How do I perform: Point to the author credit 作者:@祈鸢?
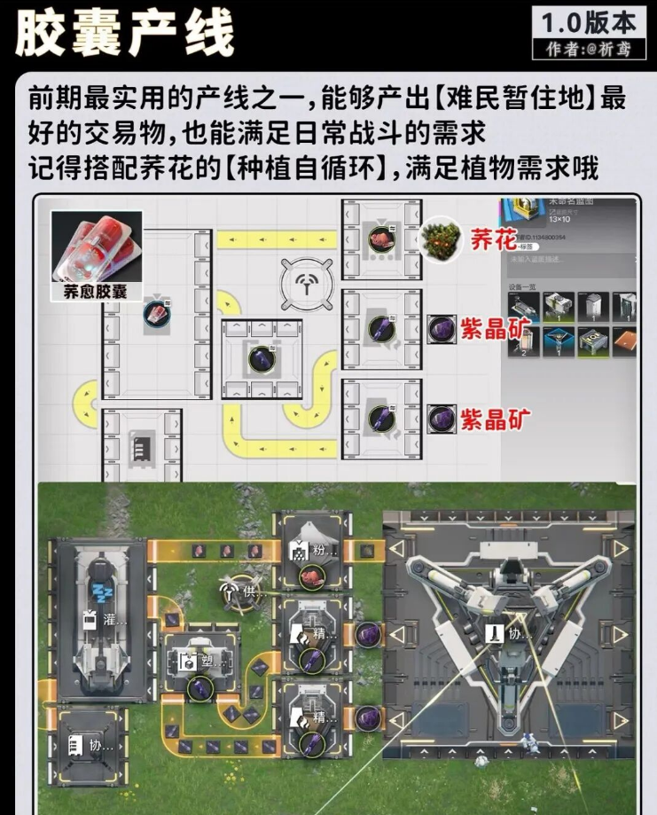pyautogui.click(x=590, y=48)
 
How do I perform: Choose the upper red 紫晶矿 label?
pyautogui.click(x=495, y=329)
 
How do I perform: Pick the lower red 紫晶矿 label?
pyautogui.click(x=495, y=418)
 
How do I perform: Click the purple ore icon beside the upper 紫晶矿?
pyautogui.click(x=441, y=328)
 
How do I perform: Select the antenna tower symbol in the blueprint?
pyautogui.click(x=306, y=283)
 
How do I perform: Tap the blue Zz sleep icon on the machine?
pyautogui.click(x=99, y=592)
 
